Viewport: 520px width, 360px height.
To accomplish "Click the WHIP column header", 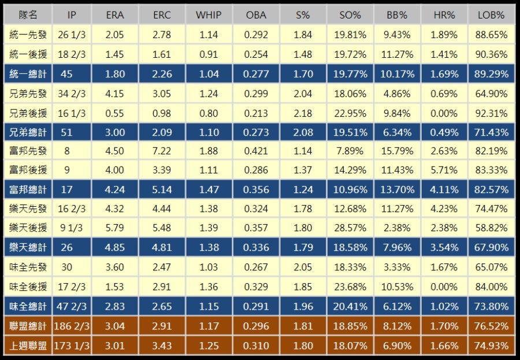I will [x=208, y=15].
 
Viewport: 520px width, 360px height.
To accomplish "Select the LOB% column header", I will [x=493, y=15].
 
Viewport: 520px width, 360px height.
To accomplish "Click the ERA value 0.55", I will [x=116, y=113].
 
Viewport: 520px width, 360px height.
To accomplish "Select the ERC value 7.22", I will [x=162, y=151].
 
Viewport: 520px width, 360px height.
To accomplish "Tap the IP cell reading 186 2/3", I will [x=72, y=326].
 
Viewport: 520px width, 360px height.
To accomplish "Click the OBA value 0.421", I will [x=257, y=151].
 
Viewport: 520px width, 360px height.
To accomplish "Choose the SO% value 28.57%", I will [x=350, y=228].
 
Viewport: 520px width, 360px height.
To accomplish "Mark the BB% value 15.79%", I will [x=398, y=151].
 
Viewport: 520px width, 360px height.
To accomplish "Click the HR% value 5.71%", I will [x=445, y=170].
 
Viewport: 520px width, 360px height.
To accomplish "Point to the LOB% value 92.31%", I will [x=493, y=113].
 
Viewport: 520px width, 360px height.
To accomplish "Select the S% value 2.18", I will [x=303, y=113].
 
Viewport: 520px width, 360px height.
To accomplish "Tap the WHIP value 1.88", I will [x=208, y=151].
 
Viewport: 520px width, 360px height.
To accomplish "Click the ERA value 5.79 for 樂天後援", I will [x=116, y=228].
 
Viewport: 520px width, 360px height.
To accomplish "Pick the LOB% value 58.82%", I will [x=493, y=228].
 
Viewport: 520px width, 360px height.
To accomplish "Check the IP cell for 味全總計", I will [x=72, y=306].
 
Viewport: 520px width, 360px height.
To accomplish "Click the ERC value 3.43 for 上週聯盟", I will [x=162, y=346].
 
